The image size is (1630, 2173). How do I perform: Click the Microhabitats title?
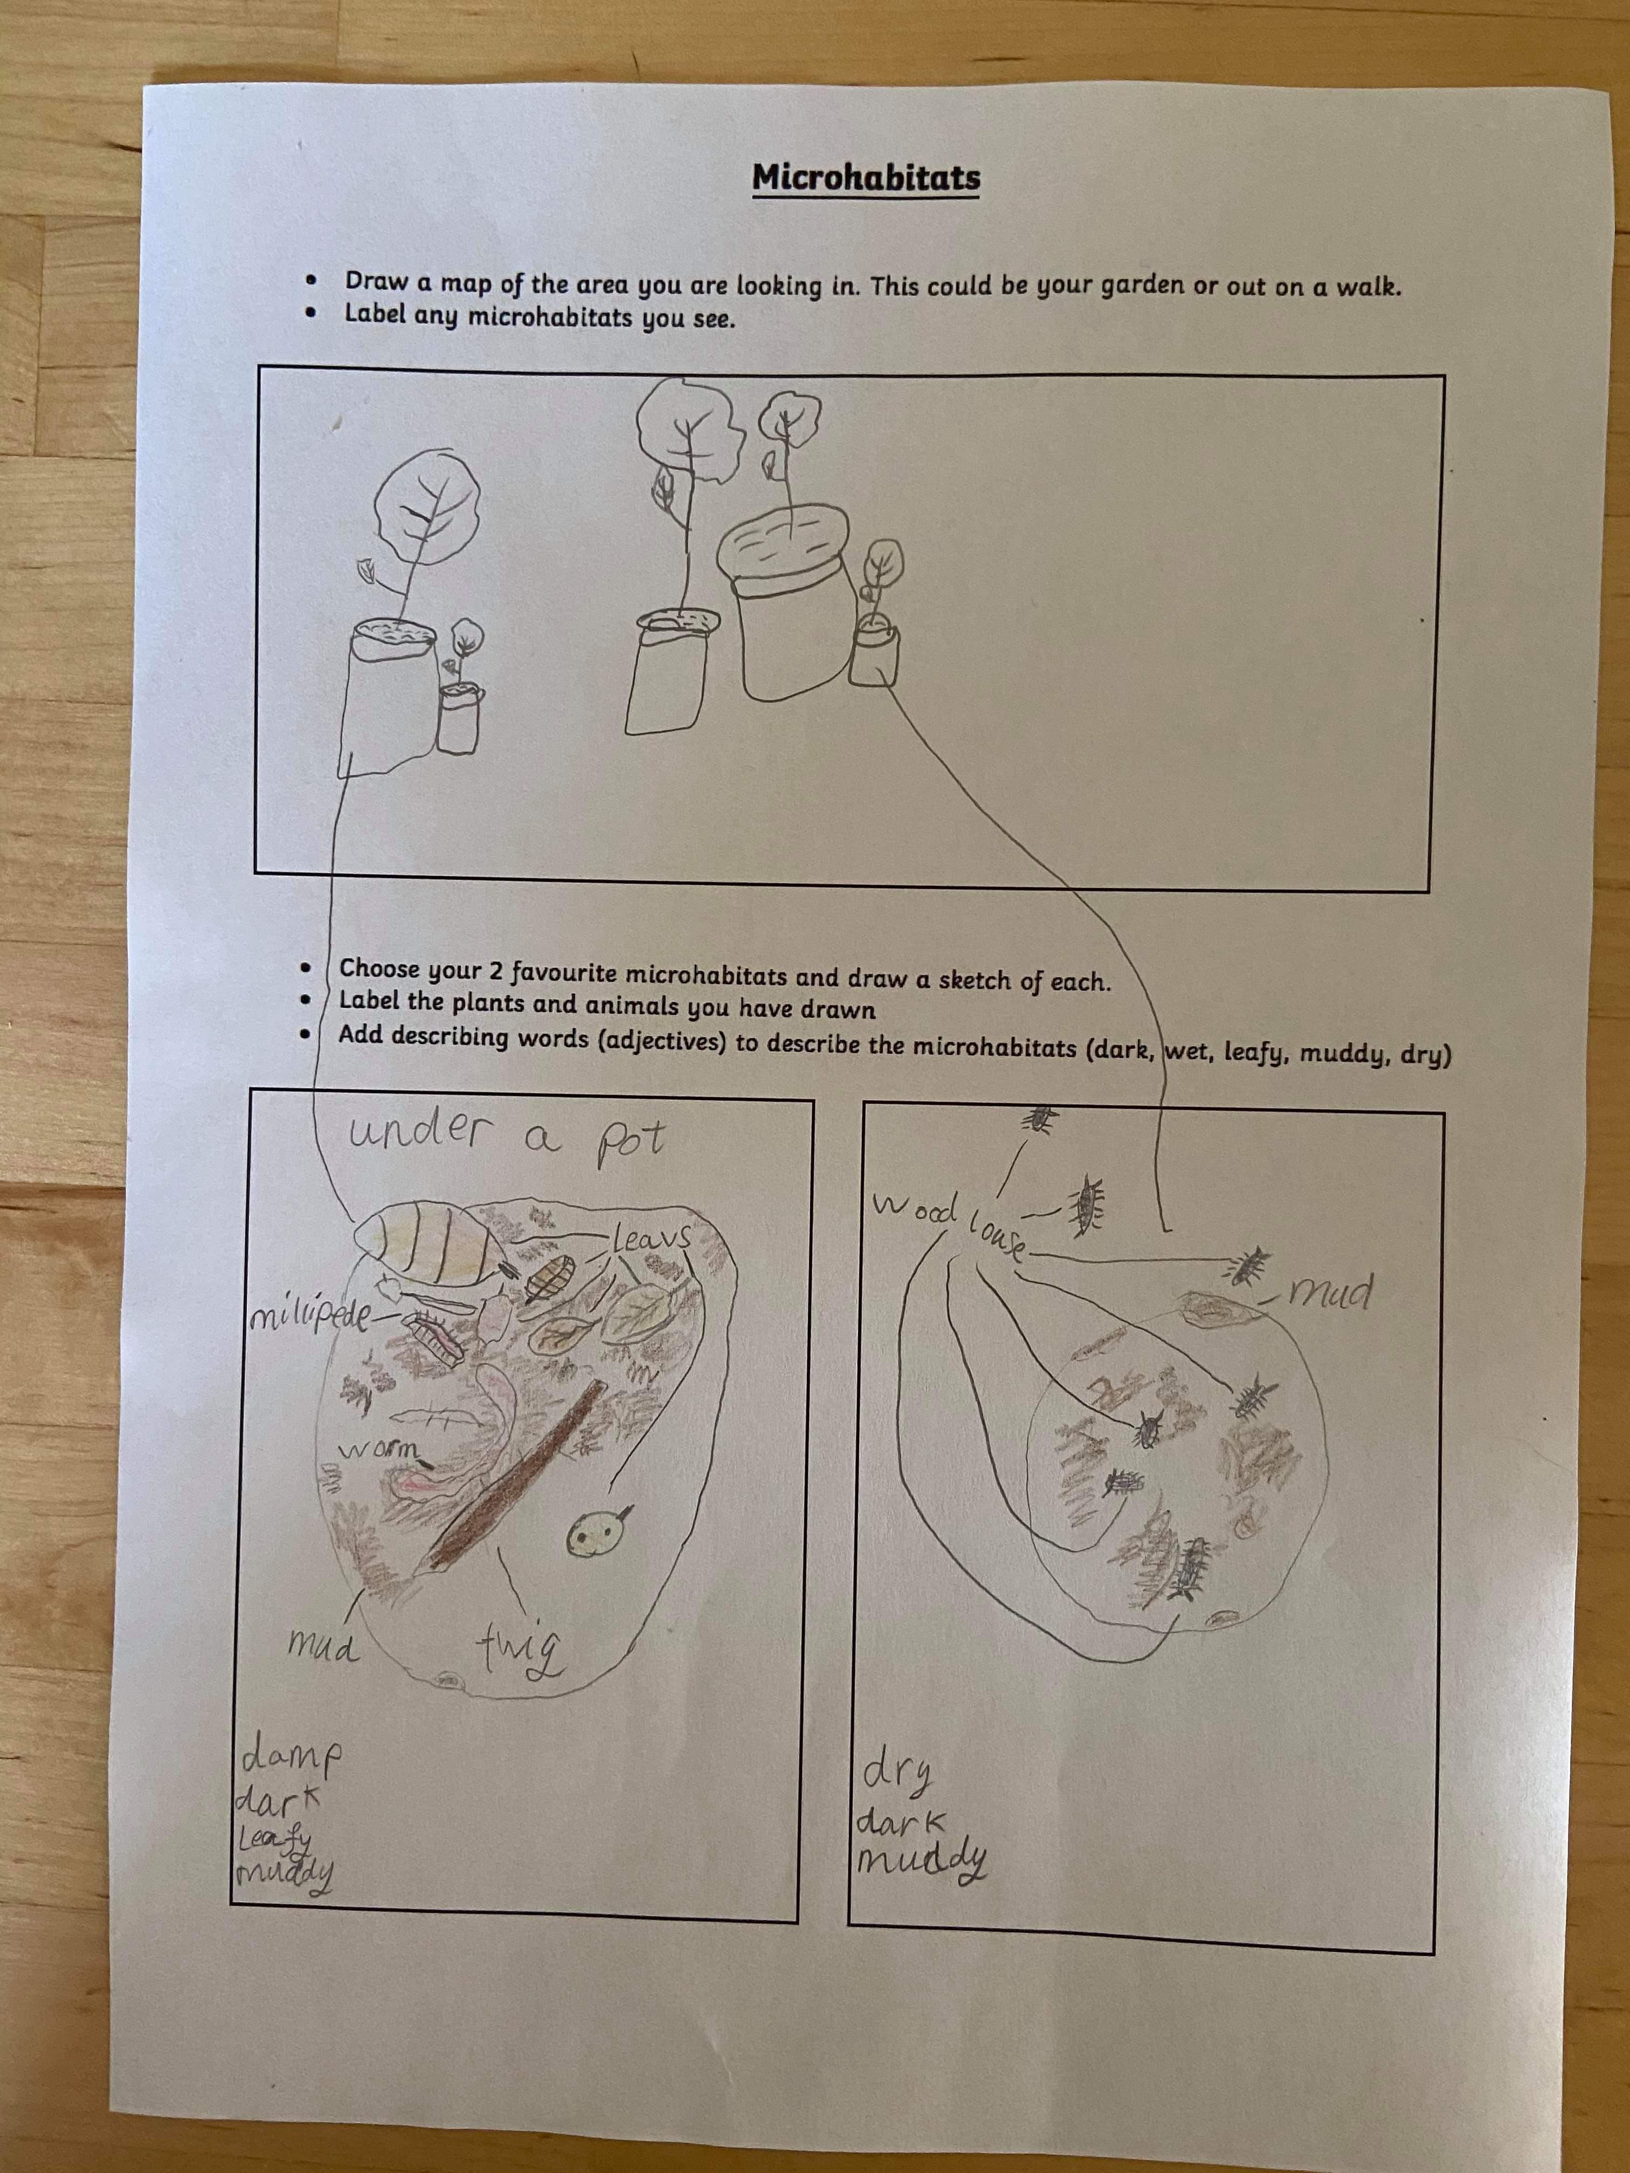click(866, 178)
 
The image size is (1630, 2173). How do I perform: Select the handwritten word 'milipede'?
click(308, 1317)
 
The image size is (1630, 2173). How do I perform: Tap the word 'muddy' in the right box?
click(923, 1860)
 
